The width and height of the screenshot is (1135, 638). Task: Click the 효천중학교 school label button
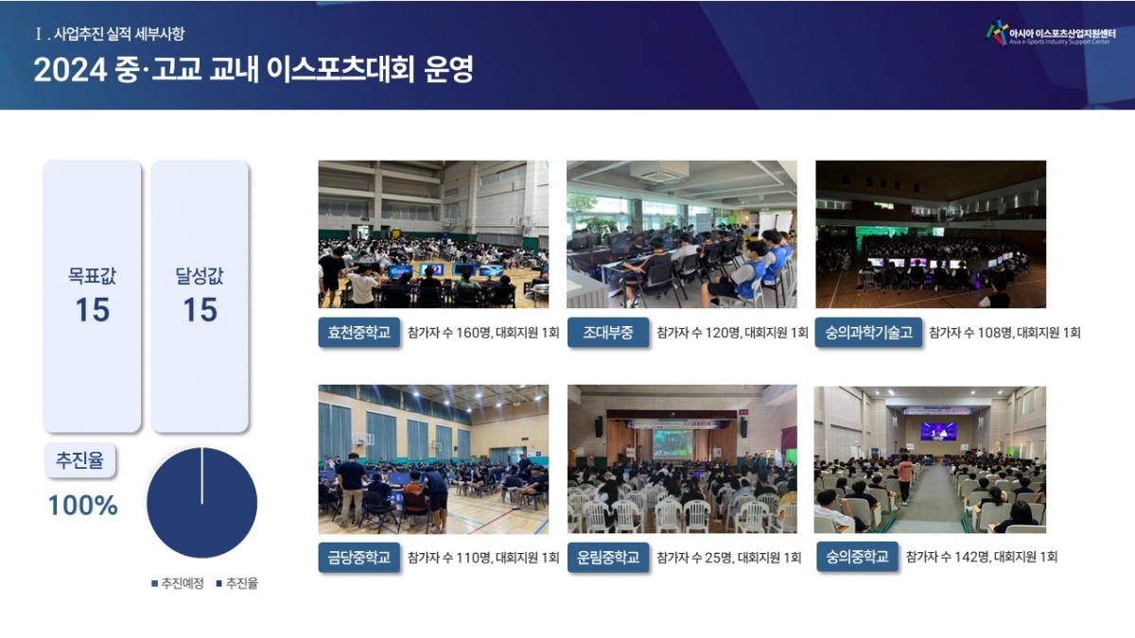pyautogui.click(x=358, y=332)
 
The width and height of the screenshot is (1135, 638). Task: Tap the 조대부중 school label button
pyautogui.click(x=608, y=332)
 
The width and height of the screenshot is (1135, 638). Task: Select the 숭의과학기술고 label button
pyautogui.click(x=868, y=332)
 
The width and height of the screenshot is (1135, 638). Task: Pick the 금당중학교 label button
pyautogui.click(x=358, y=558)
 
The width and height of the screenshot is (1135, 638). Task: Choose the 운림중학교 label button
pyautogui.click(x=608, y=558)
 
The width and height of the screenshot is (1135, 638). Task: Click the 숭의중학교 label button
pyautogui.click(x=857, y=557)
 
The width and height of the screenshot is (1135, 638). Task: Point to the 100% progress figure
pyautogui.click(x=82, y=506)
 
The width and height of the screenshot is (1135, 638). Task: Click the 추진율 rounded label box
pyautogui.click(x=80, y=460)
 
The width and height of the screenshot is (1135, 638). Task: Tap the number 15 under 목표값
pyautogui.click(x=93, y=309)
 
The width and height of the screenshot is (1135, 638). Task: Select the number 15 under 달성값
pyautogui.click(x=201, y=309)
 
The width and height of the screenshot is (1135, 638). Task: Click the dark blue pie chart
pyautogui.click(x=202, y=503)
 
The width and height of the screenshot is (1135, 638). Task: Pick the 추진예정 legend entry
pyautogui.click(x=178, y=583)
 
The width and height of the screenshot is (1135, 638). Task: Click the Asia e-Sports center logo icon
pyautogui.click(x=997, y=32)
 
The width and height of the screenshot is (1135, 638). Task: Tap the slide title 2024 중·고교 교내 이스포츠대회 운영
pyautogui.click(x=253, y=69)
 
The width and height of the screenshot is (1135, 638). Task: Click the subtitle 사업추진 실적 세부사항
pyautogui.click(x=119, y=34)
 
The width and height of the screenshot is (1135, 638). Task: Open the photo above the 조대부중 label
pyautogui.click(x=682, y=234)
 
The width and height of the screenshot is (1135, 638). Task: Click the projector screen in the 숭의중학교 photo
pyautogui.click(x=938, y=432)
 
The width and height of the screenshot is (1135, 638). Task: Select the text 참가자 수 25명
pyautogui.click(x=694, y=558)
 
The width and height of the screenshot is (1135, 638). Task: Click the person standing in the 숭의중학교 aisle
pyautogui.click(x=904, y=478)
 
